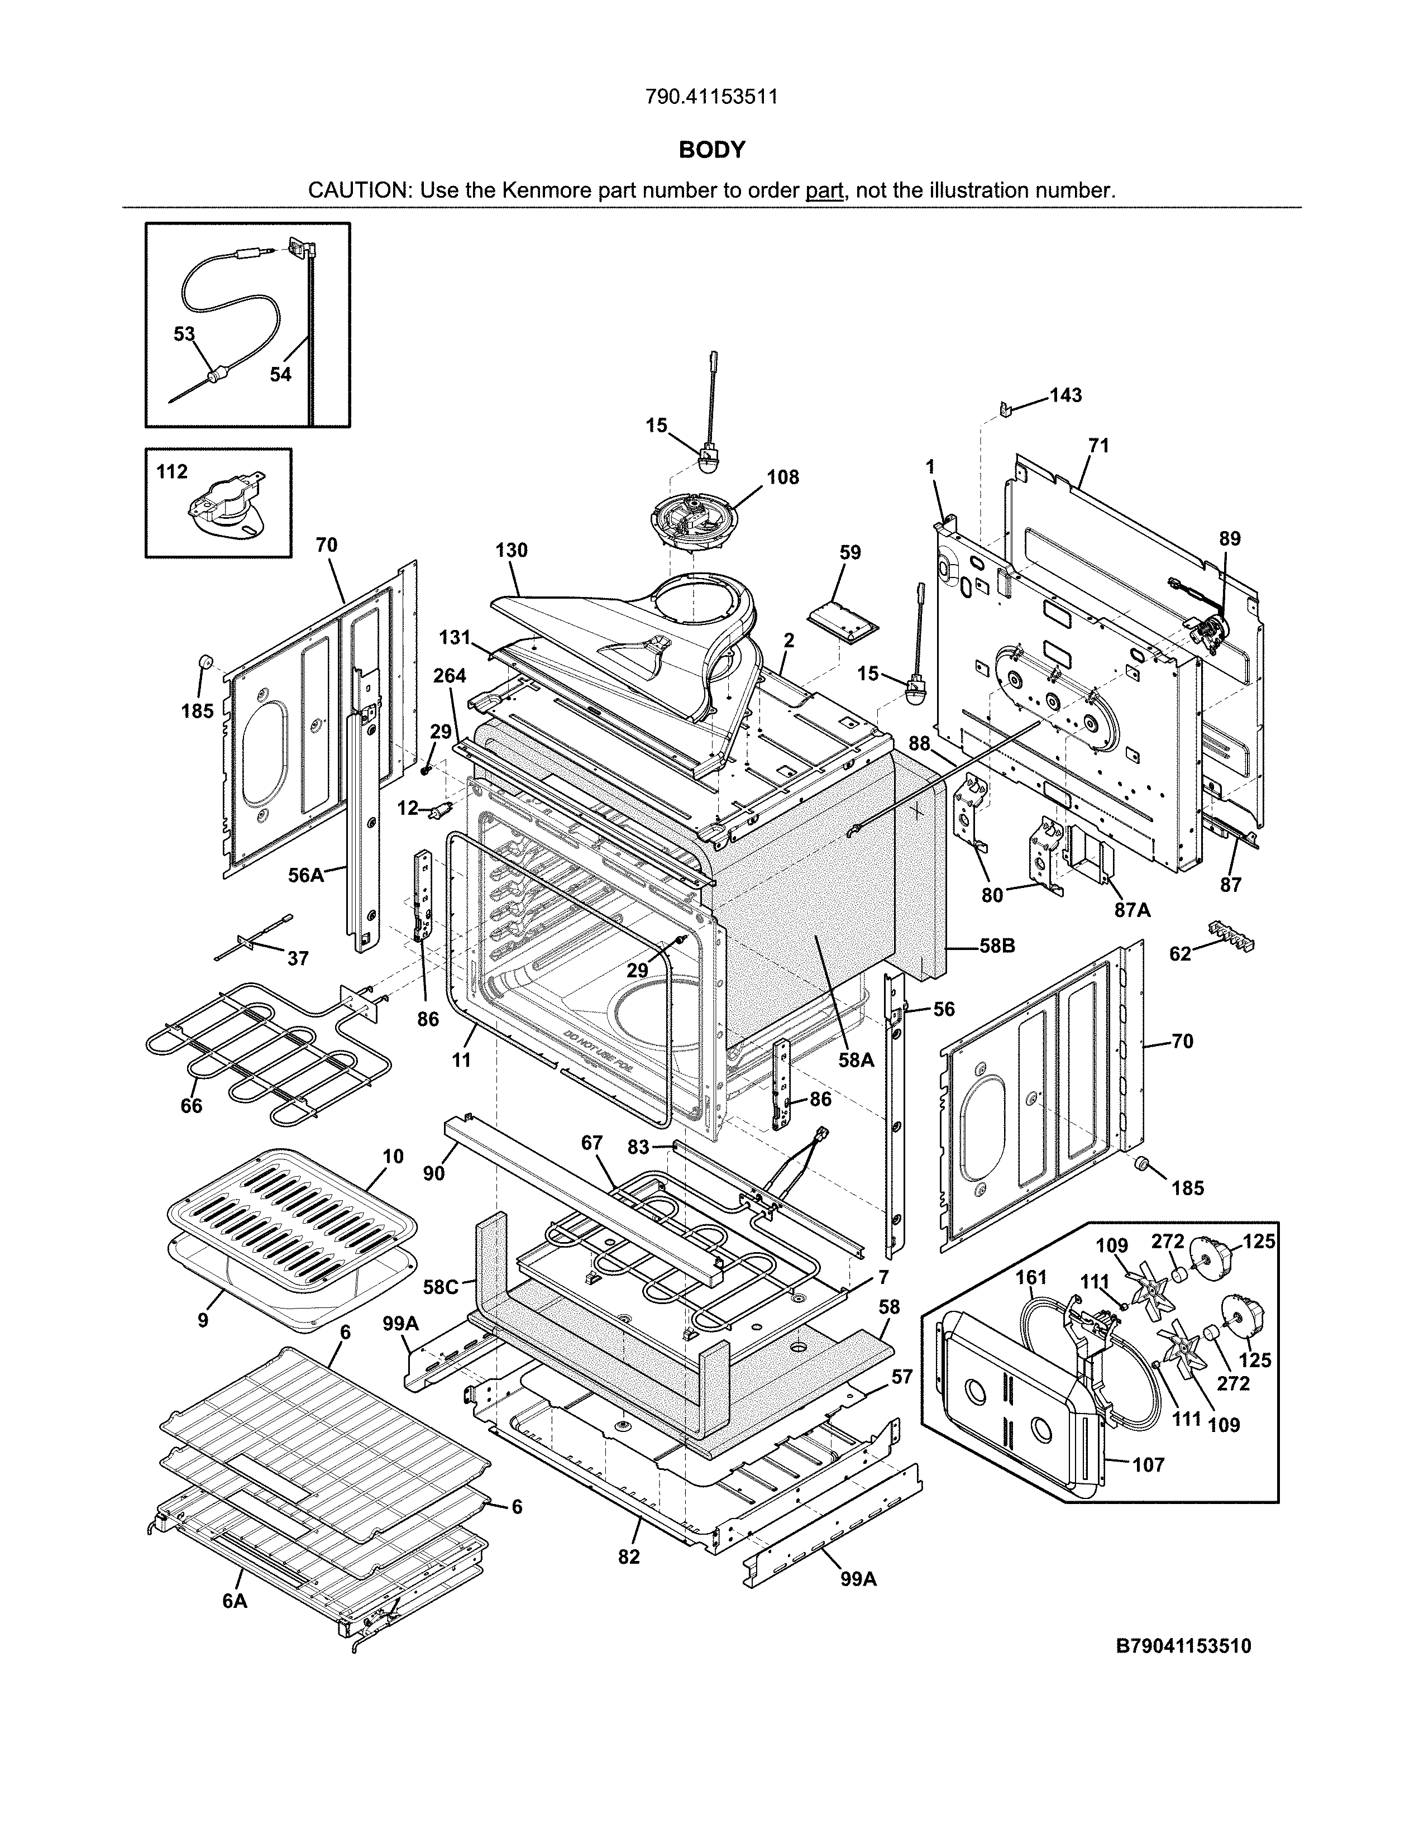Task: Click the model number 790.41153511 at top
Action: tap(711, 97)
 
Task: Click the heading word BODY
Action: tap(712, 150)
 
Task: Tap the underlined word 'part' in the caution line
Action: tap(824, 190)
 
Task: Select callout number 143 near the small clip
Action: tap(1065, 396)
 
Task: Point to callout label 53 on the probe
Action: tap(184, 334)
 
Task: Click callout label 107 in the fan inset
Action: tap(1148, 1465)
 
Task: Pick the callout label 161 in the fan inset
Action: tap(1031, 1278)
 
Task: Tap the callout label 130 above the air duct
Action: tap(511, 550)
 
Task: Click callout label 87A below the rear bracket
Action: tap(1132, 910)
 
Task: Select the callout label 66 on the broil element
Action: tap(192, 1105)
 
